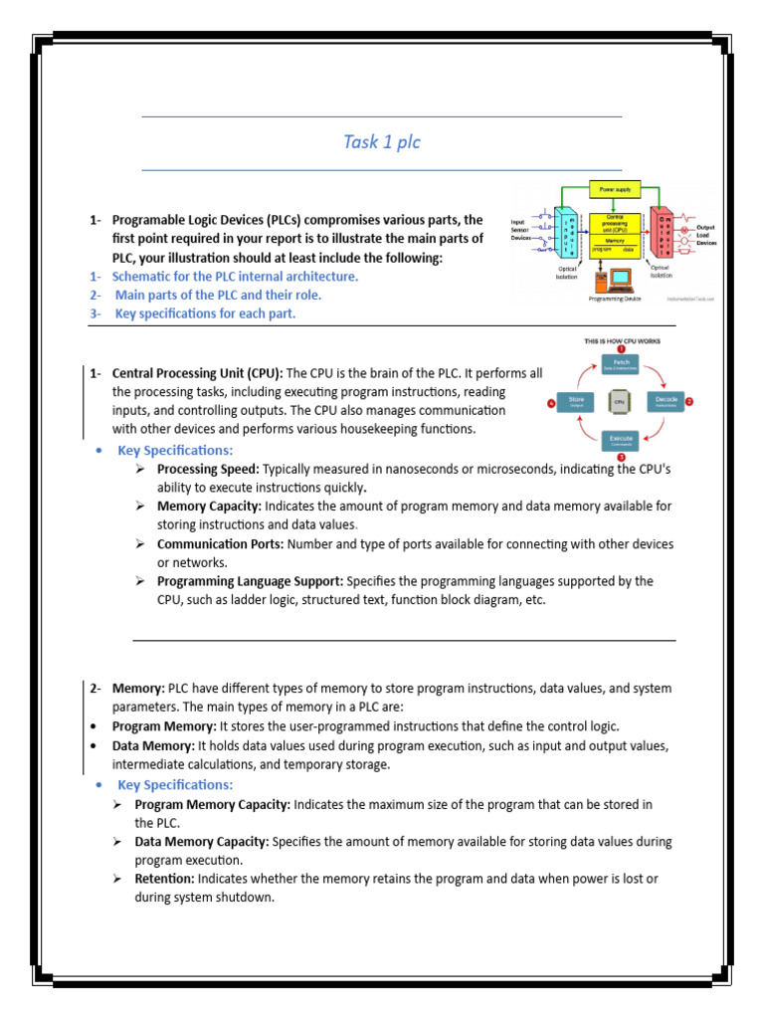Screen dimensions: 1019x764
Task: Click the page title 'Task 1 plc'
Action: (x=382, y=142)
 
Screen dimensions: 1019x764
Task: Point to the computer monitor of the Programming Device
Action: (x=620, y=278)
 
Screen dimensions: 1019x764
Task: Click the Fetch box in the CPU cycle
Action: (x=620, y=365)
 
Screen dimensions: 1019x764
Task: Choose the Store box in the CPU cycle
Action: (x=577, y=402)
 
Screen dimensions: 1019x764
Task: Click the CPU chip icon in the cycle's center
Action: (x=620, y=402)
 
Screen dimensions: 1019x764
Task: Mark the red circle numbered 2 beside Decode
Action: (x=689, y=401)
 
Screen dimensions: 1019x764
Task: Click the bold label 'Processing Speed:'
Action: (x=208, y=469)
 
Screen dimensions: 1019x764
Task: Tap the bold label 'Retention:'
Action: (x=165, y=879)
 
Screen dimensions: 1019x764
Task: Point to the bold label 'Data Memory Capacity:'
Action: (x=201, y=841)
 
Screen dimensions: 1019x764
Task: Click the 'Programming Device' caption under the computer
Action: (x=615, y=299)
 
